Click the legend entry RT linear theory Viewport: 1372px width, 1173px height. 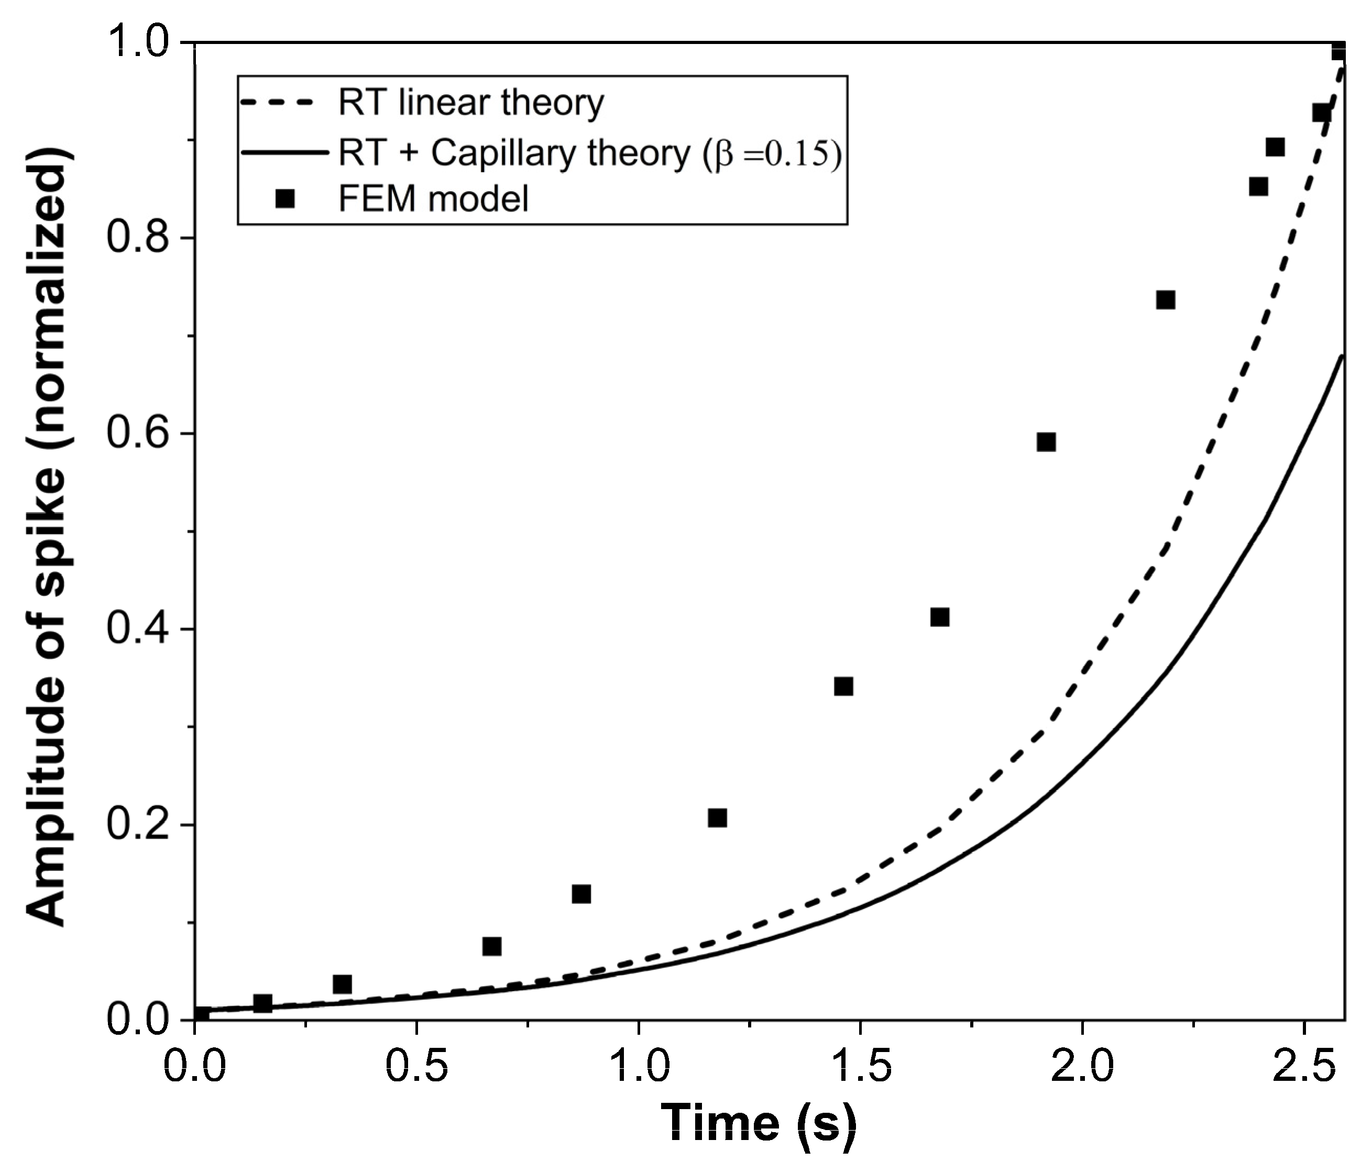point(470,103)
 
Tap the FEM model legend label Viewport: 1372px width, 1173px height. point(433,198)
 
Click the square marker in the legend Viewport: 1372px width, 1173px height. point(286,198)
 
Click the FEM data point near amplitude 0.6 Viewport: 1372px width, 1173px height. point(1046,442)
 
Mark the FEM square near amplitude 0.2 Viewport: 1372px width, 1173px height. point(717,818)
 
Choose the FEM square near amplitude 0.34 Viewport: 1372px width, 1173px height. point(843,687)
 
